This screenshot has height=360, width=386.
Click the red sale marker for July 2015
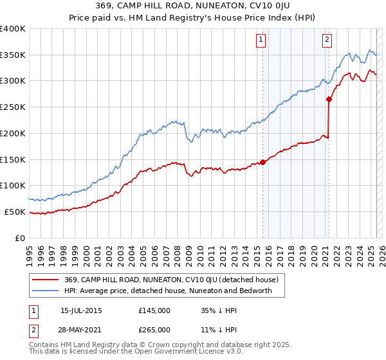[262, 162]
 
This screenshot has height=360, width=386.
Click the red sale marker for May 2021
[329, 99]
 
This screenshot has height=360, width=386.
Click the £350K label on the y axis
[13, 55]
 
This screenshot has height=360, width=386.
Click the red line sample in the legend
[46, 280]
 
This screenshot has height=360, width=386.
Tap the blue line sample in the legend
[46, 291]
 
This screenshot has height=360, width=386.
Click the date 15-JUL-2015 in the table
[81, 310]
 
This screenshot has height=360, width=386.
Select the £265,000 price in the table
[154, 329]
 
